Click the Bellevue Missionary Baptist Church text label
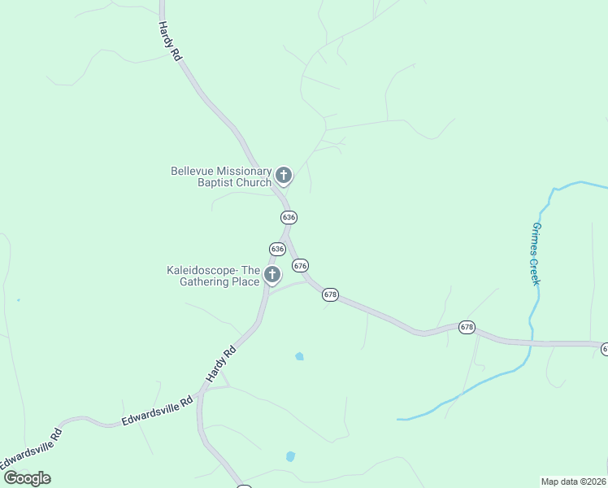(x=221, y=176)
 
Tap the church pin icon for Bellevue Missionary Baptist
(x=284, y=175)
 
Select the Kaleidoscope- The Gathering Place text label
(x=213, y=276)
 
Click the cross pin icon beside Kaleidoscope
(x=272, y=274)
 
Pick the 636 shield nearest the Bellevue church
(x=289, y=217)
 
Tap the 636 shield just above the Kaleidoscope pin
(x=277, y=249)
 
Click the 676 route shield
(x=301, y=266)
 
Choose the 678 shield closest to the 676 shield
(x=330, y=294)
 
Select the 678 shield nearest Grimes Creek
(x=467, y=326)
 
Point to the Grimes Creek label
(x=536, y=253)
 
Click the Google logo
(x=28, y=478)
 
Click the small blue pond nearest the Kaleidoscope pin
(x=299, y=356)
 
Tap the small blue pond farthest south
(x=290, y=456)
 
